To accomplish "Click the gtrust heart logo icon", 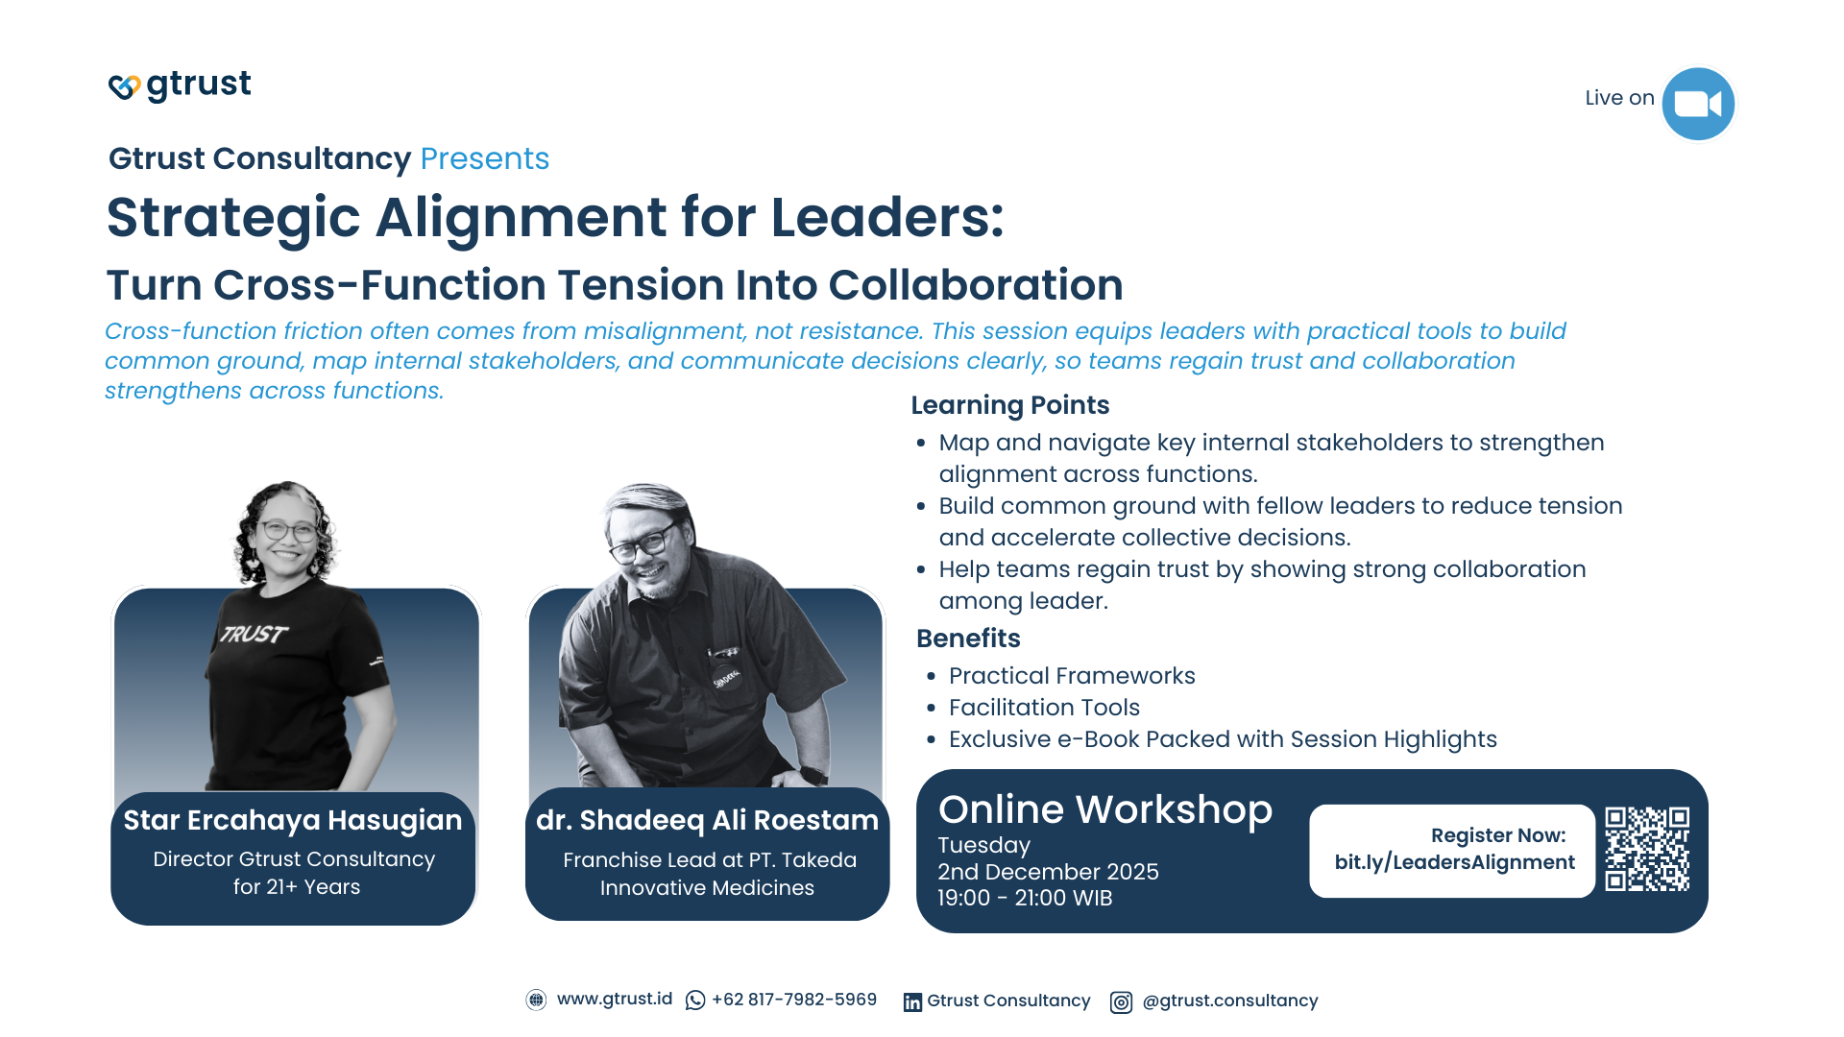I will (124, 86).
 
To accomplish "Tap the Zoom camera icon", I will (1697, 104).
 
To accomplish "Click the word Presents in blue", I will (484, 158).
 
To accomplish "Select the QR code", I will (1646, 849).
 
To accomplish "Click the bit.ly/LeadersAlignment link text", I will (1454, 862).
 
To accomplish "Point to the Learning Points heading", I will (1009, 405).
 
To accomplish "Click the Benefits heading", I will (968, 639).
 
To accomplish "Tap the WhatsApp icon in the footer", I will (695, 1001).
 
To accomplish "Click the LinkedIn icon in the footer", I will (912, 1002).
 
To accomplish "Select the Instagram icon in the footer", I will (1121, 1002).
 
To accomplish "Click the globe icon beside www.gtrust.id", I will (536, 1000).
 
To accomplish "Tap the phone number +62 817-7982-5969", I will (794, 1000).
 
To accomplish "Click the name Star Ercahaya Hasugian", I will (293, 820).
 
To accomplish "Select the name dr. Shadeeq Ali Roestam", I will (707, 820).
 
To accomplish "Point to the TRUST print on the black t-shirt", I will (254, 634).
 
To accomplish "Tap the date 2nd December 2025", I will (1048, 872).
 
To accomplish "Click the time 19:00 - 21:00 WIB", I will (1025, 899).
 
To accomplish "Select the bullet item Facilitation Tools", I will (1044, 708).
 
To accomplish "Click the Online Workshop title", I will (1104, 809).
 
